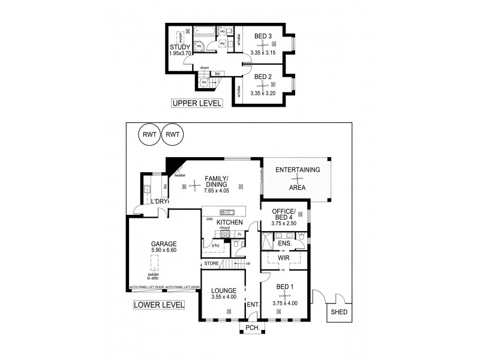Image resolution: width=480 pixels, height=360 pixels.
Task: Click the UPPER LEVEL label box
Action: (197, 103)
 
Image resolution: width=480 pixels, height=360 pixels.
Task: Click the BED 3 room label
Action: (263, 37)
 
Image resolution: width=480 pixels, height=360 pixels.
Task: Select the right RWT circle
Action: (173, 134)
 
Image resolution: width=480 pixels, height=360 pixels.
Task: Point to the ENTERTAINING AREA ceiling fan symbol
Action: (298, 178)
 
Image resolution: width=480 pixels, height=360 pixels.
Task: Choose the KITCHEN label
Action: (221, 222)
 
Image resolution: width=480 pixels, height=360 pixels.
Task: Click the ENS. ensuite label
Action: (284, 244)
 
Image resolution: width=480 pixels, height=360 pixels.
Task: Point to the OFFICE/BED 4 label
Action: (284, 215)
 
